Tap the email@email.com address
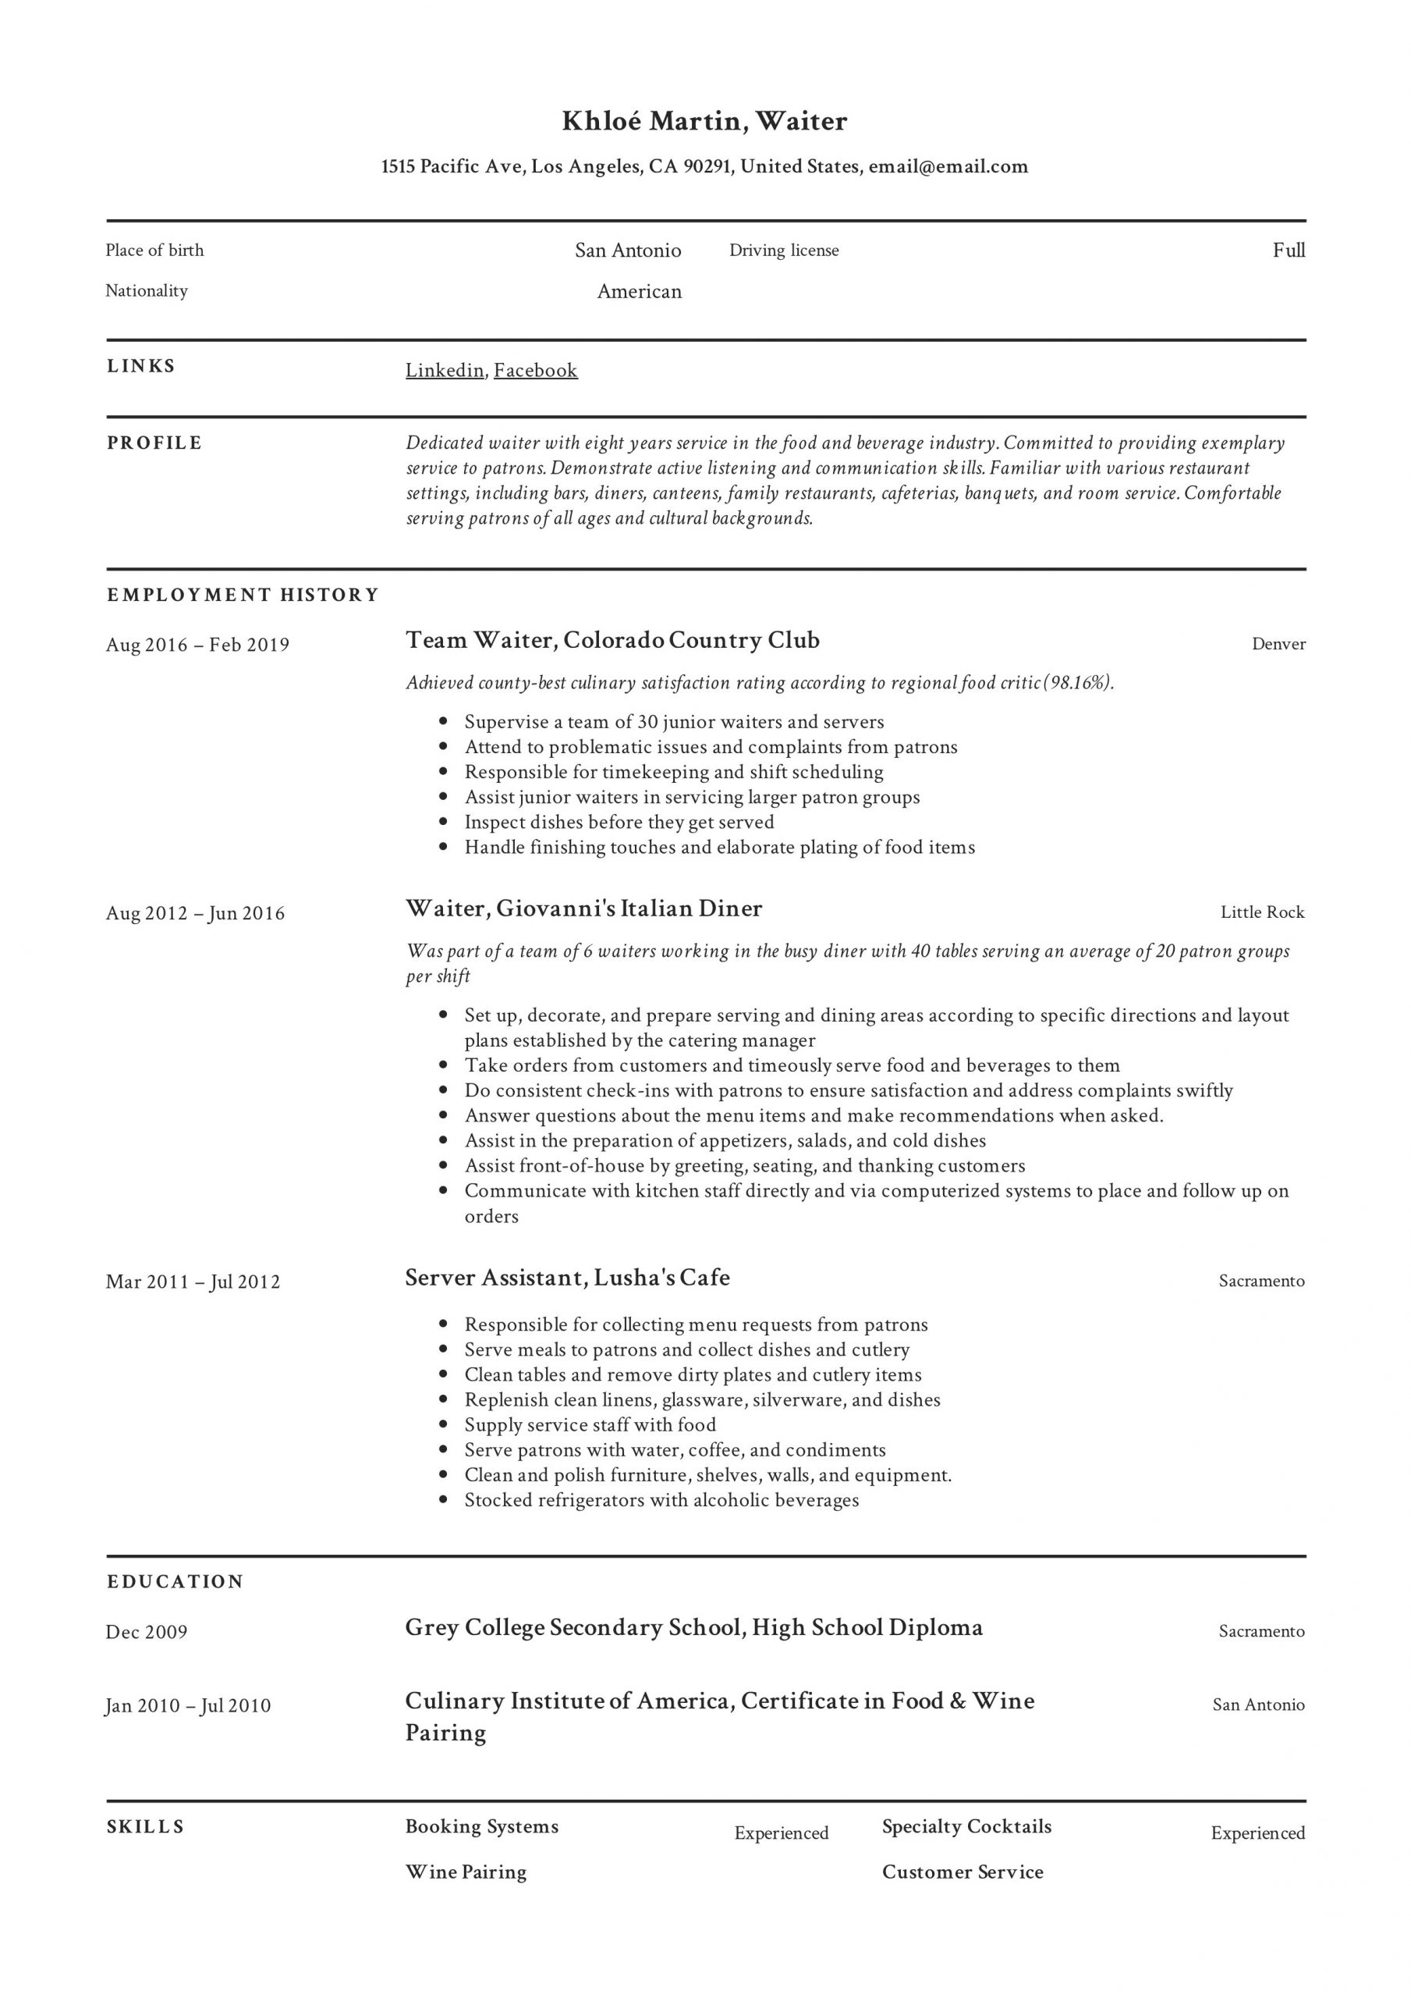948,166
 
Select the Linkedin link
445,370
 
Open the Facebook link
536,370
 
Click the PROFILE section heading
154,443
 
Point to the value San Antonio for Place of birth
627,251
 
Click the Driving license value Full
1289,251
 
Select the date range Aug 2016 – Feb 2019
197,645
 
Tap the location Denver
1278,644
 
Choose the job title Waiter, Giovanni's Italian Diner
583,908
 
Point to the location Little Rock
1262,912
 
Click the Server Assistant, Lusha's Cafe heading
567,1278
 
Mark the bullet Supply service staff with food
590,1424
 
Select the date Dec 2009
147,1632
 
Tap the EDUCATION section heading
175,1581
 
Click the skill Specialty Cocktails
966,1826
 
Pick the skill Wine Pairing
466,1872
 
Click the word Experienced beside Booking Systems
782,1833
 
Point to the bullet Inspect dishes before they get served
619,823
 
